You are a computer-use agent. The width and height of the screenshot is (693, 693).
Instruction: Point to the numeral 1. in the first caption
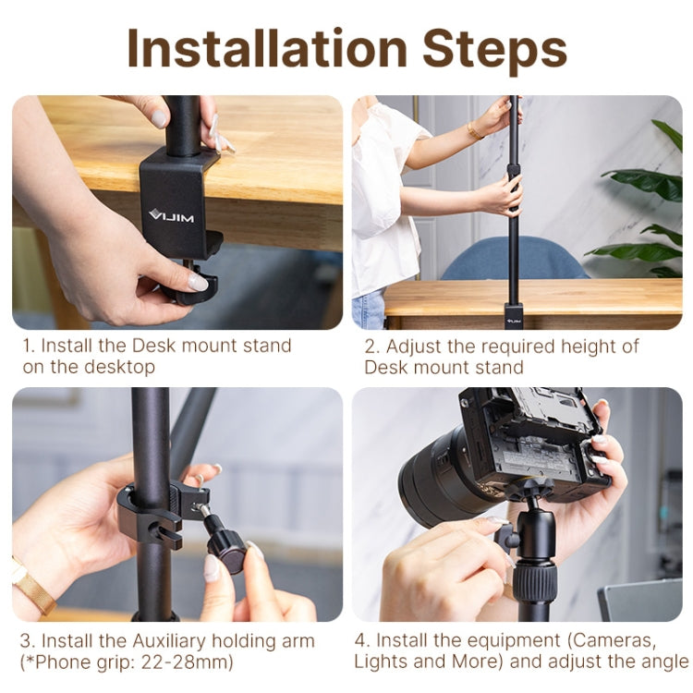pyautogui.click(x=30, y=346)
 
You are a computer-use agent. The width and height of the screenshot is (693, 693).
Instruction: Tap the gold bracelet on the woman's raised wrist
pyautogui.click(x=474, y=131)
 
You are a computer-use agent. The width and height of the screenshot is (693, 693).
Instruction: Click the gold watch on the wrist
pyautogui.click(x=32, y=586)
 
